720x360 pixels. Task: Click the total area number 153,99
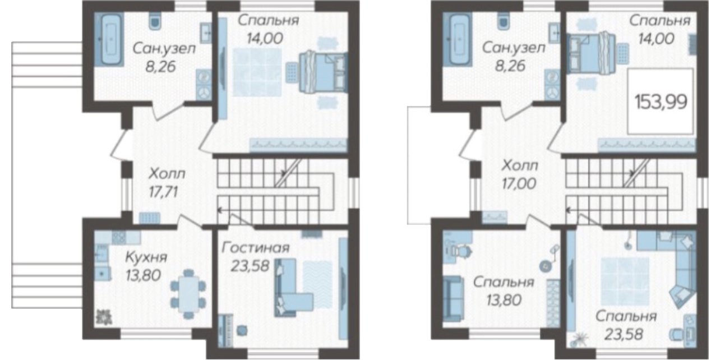point(661,102)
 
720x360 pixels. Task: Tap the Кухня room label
point(146,257)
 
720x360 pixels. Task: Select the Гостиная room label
point(256,248)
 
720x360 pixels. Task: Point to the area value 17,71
point(163,192)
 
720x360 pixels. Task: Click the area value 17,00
point(519,184)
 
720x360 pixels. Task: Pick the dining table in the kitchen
point(188,294)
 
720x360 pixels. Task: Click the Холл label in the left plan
point(167,174)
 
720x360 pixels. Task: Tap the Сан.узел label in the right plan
point(514,48)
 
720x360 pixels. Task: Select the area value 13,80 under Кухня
point(143,275)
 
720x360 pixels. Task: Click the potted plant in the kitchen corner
point(104,316)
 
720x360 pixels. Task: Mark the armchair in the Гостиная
point(242,330)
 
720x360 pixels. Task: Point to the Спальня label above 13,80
point(504,282)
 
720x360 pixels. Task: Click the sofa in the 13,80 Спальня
point(454,298)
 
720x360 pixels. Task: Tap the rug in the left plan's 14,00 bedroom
point(257,72)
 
